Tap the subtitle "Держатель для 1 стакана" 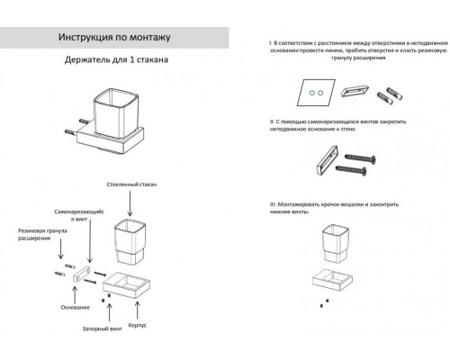115,62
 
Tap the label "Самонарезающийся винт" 96,213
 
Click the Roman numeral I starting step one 257,42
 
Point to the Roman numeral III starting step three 258,206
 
